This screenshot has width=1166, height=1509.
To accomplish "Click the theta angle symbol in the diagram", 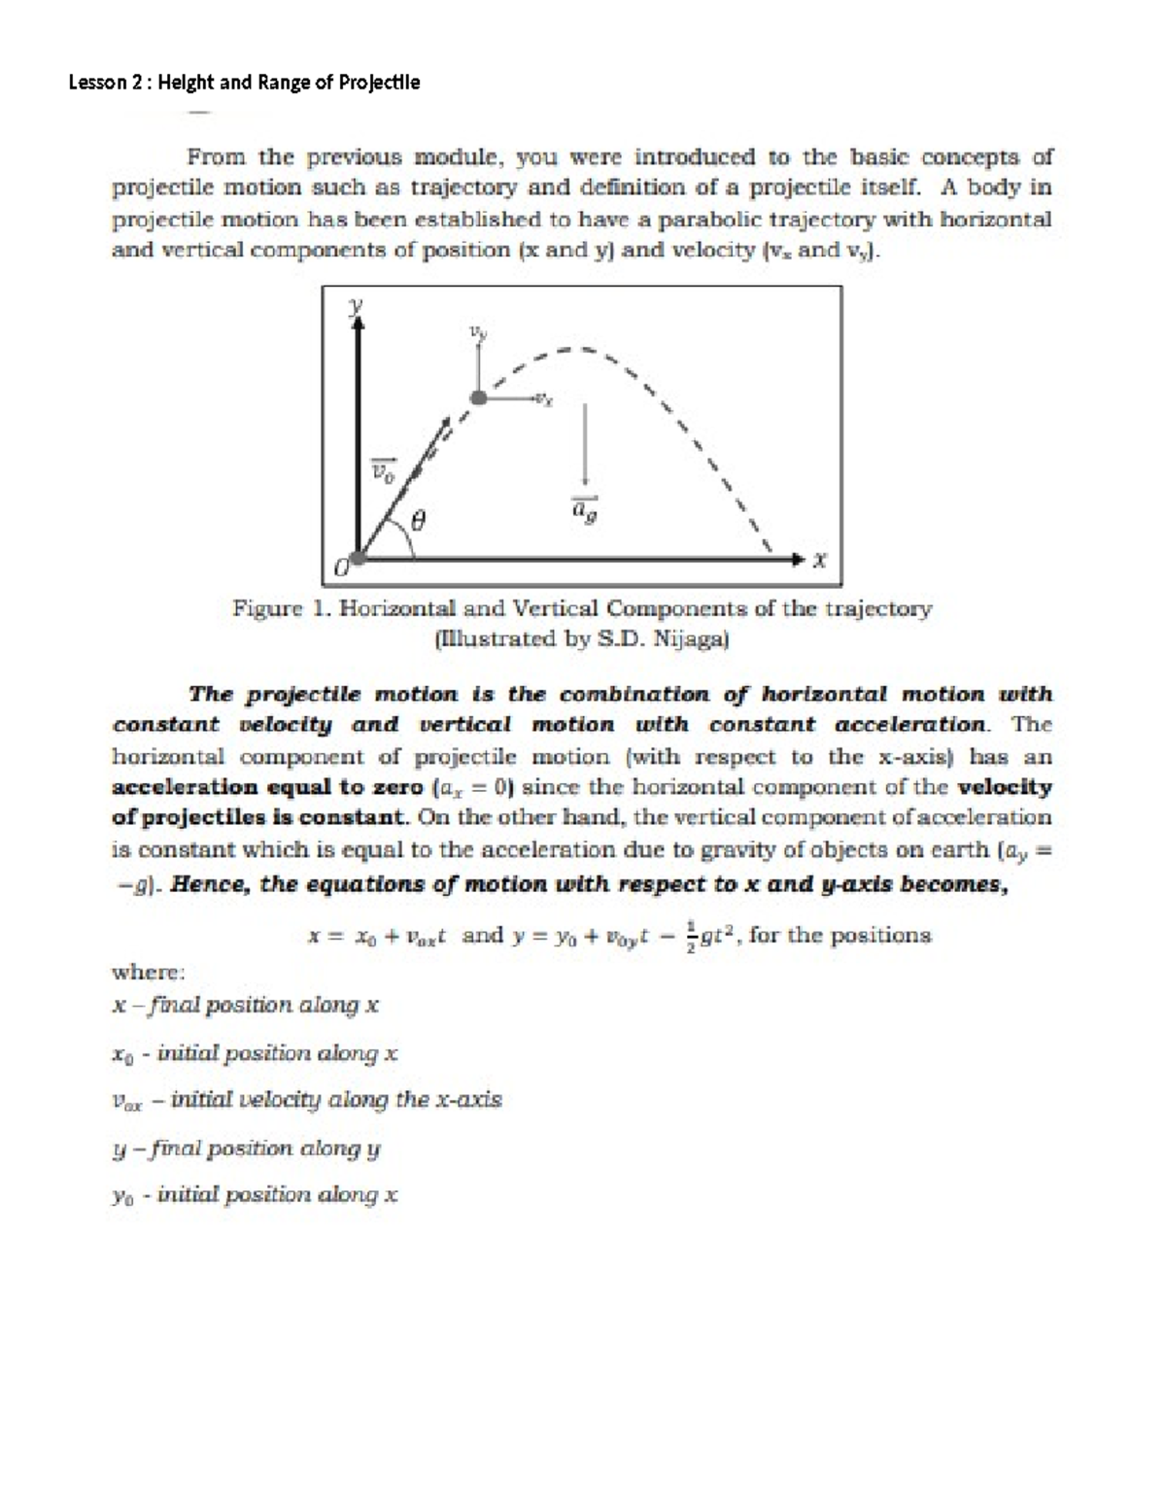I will (419, 522).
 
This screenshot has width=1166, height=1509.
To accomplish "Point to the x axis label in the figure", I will (822, 561).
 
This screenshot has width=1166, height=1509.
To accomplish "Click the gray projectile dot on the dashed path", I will (477, 397).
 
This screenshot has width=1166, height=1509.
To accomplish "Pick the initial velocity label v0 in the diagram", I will (385, 471).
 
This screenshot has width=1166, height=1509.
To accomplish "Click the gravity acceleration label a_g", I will (584, 509).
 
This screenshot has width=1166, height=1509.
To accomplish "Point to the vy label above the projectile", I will (476, 333).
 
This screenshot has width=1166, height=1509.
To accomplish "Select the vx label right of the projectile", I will (546, 399).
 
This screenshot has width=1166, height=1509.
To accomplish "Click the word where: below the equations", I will (149, 972).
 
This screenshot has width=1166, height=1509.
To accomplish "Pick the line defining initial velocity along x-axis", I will (307, 1100).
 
